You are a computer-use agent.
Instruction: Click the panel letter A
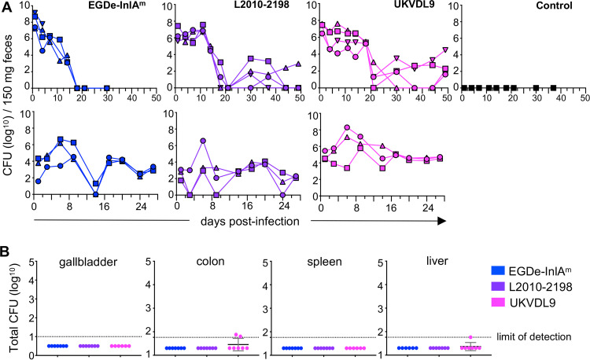[6, 7]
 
